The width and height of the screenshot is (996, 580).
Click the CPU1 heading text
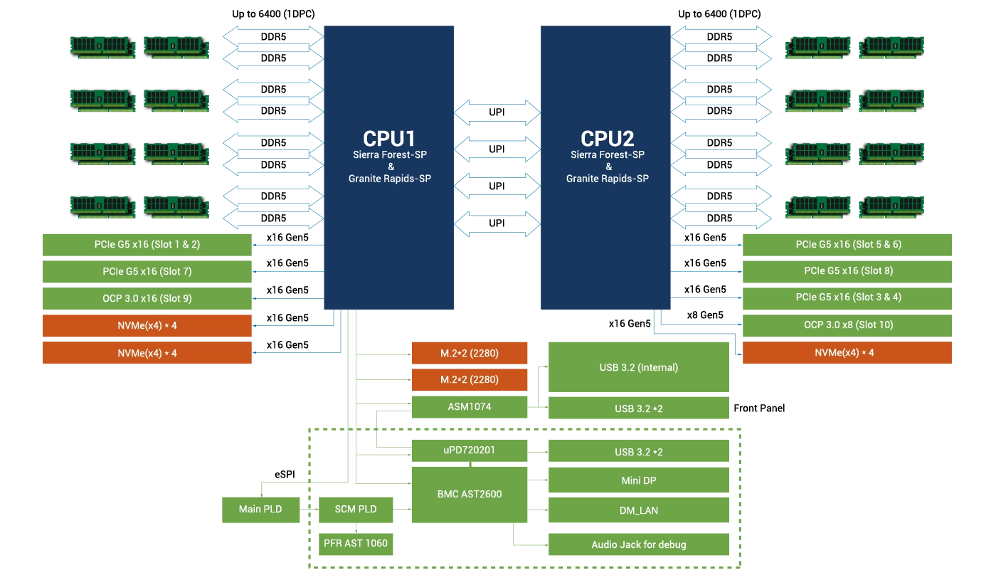[x=388, y=138]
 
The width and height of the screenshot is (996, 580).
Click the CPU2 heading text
[x=607, y=138]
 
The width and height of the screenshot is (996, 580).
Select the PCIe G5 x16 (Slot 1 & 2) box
[x=147, y=245]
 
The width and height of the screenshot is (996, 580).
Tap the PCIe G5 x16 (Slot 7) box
[x=147, y=272]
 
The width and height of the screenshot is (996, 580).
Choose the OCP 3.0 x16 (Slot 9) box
[x=147, y=299]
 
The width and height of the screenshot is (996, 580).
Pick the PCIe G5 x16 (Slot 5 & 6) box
[x=848, y=245]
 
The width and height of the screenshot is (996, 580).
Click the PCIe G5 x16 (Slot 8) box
[x=848, y=271]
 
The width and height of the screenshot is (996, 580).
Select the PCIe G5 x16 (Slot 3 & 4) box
[x=848, y=297]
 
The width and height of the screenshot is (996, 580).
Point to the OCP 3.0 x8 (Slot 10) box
[x=848, y=325]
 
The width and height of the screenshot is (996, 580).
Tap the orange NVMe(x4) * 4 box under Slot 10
[x=848, y=353]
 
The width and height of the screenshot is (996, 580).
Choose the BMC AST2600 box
[x=470, y=495]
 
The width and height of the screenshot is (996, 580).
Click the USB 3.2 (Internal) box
[x=639, y=368]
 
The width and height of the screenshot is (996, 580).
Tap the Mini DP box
[x=639, y=481]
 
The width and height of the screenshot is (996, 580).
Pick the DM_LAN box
[x=639, y=510]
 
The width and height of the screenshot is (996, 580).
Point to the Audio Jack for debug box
[x=639, y=545]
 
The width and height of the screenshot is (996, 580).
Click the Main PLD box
[x=260, y=510]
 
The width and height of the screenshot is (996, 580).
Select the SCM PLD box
[x=356, y=510]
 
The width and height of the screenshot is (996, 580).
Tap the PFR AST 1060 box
[x=356, y=544]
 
